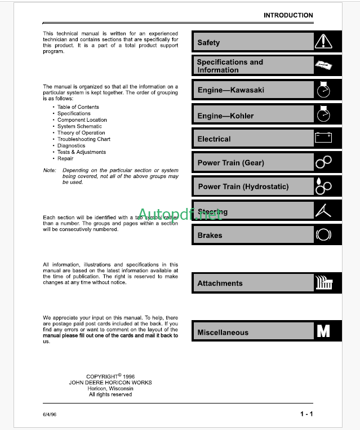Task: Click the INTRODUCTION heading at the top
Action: pyautogui.click(x=288, y=15)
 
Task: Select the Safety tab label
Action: pyautogui.click(x=208, y=42)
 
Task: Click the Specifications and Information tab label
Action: pyautogui.click(x=230, y=66)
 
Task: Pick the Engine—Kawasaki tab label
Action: pyautogui.click(x=230, y=90)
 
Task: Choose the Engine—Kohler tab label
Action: pyautogui.click(x=225, y=116)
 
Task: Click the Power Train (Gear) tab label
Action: pyautogui.click(x=230, y=163)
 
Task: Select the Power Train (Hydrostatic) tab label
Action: pyautogui.click(x=243, y=187)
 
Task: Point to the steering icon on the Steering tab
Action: pyautogui.click(x=323, y=210)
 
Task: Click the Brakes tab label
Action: pyautogui.click(x=210, y=235)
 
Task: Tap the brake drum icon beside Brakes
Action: pyautogui.click(x=323, y=234)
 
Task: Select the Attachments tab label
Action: pyautogui.click(x=220, y=283)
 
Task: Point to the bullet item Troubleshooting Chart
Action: pyautogui.click(x=83, y=139)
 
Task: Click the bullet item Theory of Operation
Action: pyautogui.click(x=81, y=133)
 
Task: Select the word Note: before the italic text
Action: pyautogui.click(x=50, y=170)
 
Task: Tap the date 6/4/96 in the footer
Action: pyautogui.click(x=50, y=415)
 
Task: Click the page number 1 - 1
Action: pyautogui.click(x=306, y=414)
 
